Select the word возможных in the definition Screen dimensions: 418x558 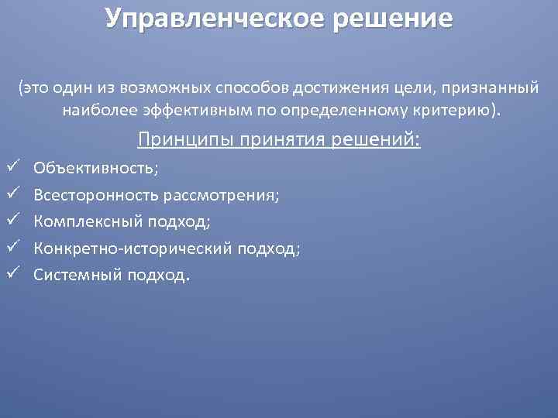pos(166,88)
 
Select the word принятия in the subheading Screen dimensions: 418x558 pos(267,140)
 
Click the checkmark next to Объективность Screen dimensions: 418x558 pos(11,166)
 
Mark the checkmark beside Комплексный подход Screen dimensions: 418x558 pos(11,221)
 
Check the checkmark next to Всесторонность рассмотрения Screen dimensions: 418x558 pos(11,194)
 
